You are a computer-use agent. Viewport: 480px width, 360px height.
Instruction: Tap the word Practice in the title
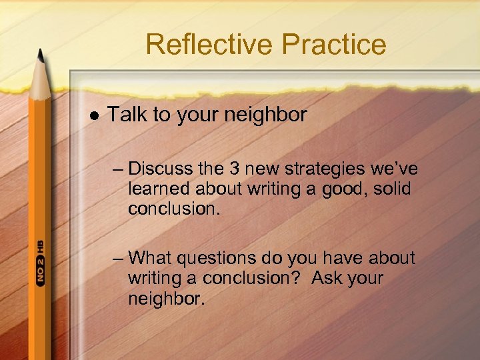click(x=333, y=45)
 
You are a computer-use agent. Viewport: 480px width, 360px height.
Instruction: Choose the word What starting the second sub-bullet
click(x=151, y=257)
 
